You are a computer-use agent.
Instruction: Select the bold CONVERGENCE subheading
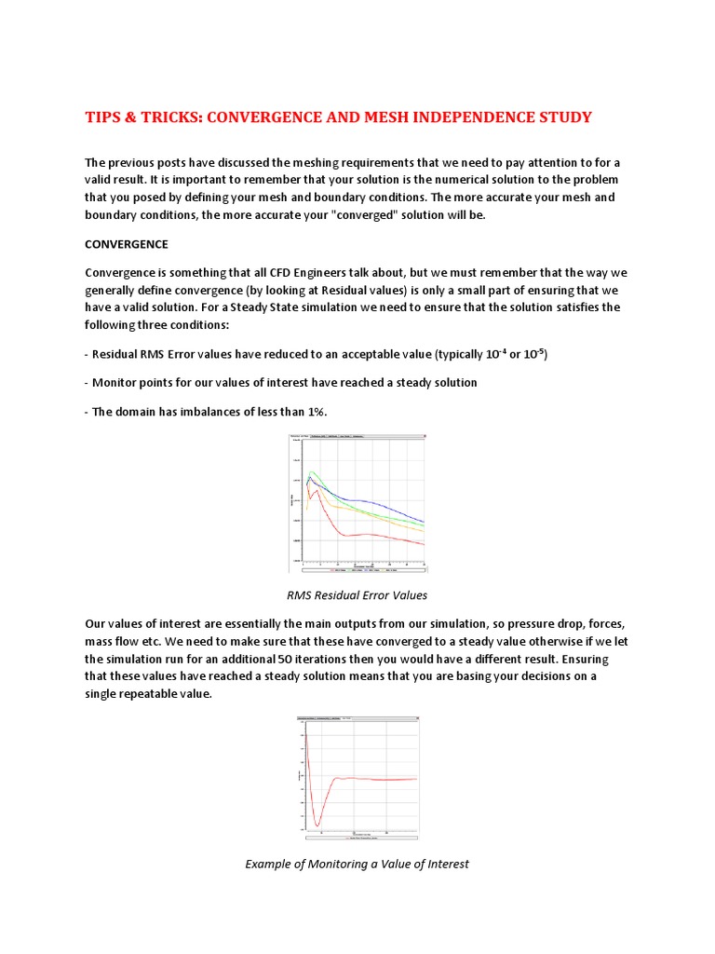pyautogui.click(x=127, y=244)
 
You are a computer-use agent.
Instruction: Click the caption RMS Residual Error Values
pyautogui.click(x=358, y=594)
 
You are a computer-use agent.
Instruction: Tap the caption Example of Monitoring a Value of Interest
pyautogui.click(x=357, y=864)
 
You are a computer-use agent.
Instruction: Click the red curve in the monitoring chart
pyautogui.click(x=372, y=779)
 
